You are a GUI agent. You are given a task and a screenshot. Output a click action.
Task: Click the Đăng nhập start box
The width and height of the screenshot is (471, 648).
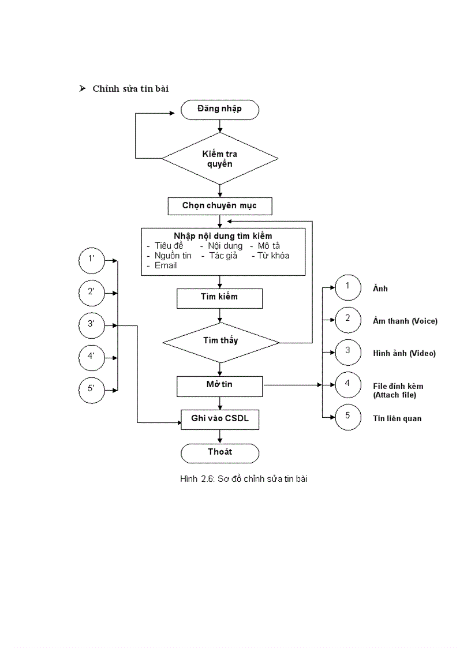219,110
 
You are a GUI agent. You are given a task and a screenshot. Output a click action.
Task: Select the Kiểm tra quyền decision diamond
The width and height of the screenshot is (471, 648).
220,159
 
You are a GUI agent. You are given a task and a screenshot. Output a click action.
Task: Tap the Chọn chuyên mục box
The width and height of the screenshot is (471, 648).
219,206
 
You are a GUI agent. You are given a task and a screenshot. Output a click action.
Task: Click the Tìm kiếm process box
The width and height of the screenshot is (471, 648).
219,298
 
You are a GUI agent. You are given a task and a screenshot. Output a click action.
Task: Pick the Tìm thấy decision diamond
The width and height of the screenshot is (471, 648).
220,342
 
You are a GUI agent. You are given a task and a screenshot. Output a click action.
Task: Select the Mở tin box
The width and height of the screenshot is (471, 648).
219,385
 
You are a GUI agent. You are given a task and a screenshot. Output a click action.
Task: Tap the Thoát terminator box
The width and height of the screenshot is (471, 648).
219,453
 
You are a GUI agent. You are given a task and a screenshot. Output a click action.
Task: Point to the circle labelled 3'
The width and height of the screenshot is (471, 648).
91,325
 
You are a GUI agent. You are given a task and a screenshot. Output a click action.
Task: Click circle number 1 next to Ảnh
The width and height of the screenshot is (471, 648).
347,287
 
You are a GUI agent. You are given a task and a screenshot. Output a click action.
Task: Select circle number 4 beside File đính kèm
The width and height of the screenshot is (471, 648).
347,384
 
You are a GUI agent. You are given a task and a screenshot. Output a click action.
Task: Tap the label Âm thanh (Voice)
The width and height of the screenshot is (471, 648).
405,321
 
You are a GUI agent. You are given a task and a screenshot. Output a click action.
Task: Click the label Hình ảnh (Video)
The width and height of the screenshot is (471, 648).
404,353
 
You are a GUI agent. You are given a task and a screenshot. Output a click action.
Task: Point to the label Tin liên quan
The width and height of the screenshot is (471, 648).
397,418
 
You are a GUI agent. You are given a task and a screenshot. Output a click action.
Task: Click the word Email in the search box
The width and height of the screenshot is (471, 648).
165,266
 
